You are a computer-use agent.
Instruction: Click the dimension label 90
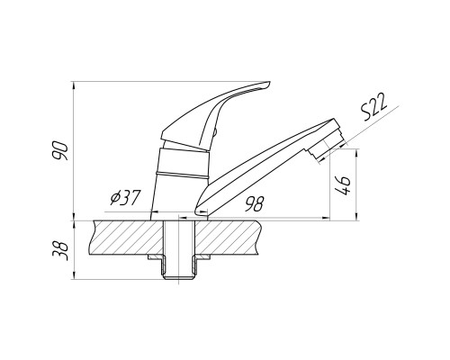(x=60, y=150)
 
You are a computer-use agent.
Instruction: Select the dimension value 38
(x=60, y=249)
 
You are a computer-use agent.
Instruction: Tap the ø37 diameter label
(x=125, y=198)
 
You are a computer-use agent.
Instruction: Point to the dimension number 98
(x=254, y=204)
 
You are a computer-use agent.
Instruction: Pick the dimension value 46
(x=343, y=185)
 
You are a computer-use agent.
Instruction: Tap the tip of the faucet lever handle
(x=269, y=83)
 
